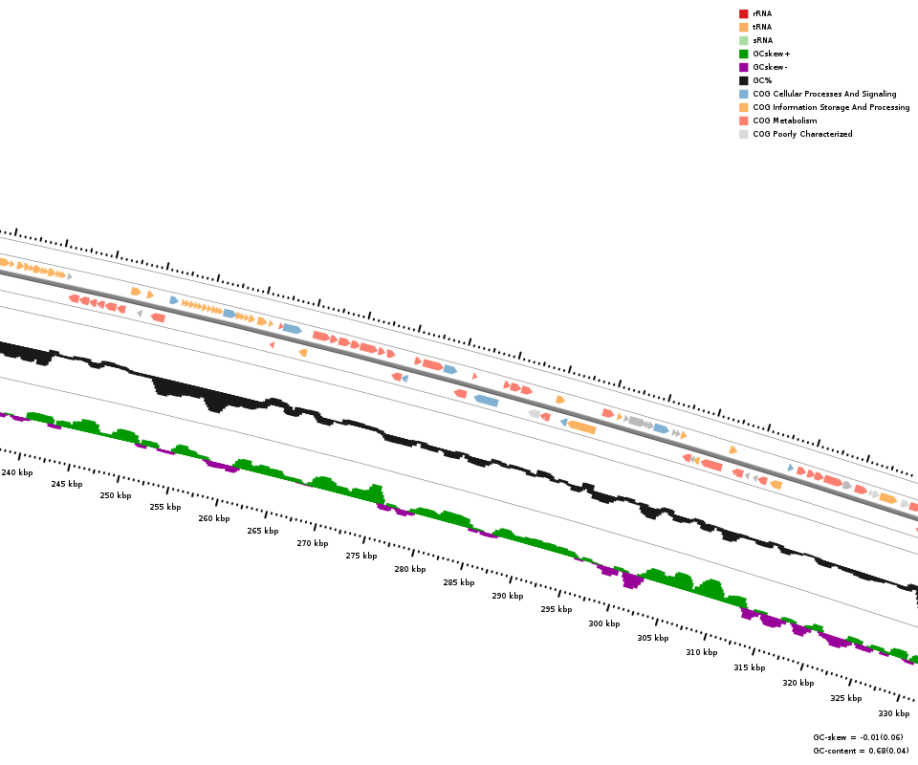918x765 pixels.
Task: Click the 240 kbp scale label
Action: tap(16, 472)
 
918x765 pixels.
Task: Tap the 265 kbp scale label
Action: tap(262, 531)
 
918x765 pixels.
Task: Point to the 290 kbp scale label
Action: tap(508, 596)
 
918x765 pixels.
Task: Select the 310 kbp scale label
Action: tap(701, 652)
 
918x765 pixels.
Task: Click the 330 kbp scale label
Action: tap(893, 713)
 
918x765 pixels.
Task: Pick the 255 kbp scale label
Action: tap(164, 507)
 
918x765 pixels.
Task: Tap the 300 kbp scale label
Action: tap(603, 623)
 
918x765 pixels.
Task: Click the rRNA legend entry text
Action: tap(762, 13)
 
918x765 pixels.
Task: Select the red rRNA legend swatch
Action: tap(743, 13)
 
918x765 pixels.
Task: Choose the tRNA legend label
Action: tap(762, 27)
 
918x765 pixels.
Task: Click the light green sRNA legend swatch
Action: tap(743, 40)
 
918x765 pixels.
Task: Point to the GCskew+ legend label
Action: tap(771, 54)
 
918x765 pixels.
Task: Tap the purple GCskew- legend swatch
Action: tap(743, 67)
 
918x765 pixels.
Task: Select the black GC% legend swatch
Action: tap(743, 80)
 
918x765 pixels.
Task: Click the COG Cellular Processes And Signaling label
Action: tap(824, 94)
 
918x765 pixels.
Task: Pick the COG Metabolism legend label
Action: tap(784, 120)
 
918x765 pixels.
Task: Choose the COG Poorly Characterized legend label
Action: tap(802, 134)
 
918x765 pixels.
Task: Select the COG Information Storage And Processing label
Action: tap(831, 107)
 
